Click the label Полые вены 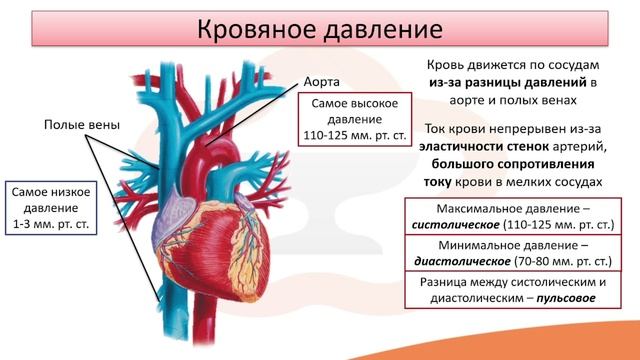point(81,125)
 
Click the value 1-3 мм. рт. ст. point(51,225)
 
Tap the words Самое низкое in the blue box point(52,190)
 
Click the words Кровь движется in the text point(469,62)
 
